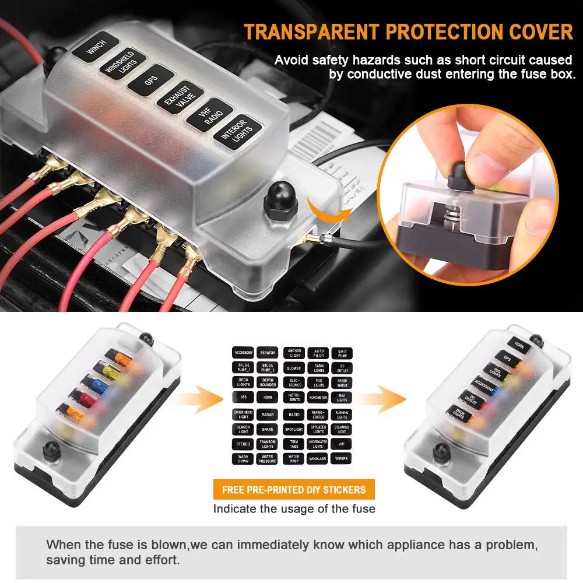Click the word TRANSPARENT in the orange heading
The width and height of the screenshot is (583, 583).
(311, 32)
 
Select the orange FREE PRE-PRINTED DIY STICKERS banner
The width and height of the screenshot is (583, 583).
(294, 489)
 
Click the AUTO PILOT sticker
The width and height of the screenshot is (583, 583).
(319, 353)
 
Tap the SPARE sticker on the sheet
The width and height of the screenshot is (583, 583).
(267, 430)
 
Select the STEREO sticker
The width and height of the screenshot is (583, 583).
(243, 444)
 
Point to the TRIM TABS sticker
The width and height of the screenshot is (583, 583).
(294, 444)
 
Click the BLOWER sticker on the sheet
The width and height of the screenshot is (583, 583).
(294, 368)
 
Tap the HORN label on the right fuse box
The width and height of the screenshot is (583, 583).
(519, 345)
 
